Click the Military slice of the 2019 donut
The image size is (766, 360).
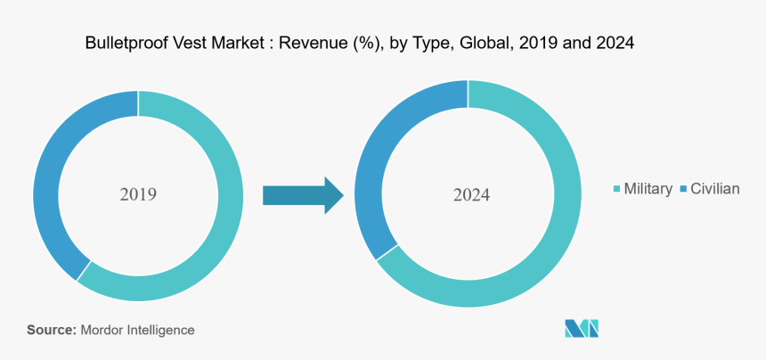pos(223,223)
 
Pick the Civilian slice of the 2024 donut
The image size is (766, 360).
pos(374,160)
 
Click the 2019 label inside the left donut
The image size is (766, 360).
pos(138,193)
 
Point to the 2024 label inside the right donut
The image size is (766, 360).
pos(469,194)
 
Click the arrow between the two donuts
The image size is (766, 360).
pos(303,194)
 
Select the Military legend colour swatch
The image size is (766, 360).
pos(617,189)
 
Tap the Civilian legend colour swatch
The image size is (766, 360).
pos(683,189)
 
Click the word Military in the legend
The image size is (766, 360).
pos(648,189)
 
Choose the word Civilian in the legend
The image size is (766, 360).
pos(715,189)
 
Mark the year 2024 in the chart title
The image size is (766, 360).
pos(614,43)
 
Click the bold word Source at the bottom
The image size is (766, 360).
pos(51,330)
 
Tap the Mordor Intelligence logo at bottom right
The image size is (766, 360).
pos(582,328)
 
